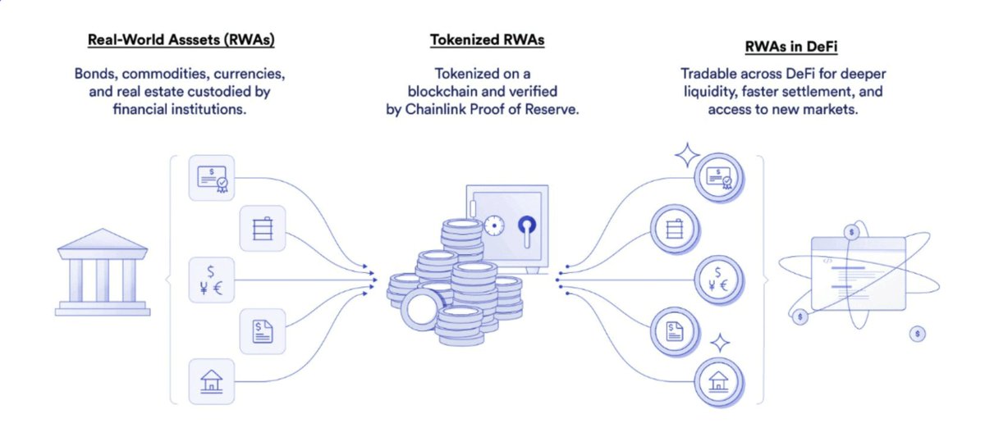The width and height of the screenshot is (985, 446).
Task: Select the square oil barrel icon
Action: [263, 227]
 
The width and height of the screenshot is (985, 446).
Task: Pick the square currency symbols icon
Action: [213, 279]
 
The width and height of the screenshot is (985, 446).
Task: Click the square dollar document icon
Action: [262, 330]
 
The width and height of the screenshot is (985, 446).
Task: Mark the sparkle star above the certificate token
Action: [687, 154]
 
